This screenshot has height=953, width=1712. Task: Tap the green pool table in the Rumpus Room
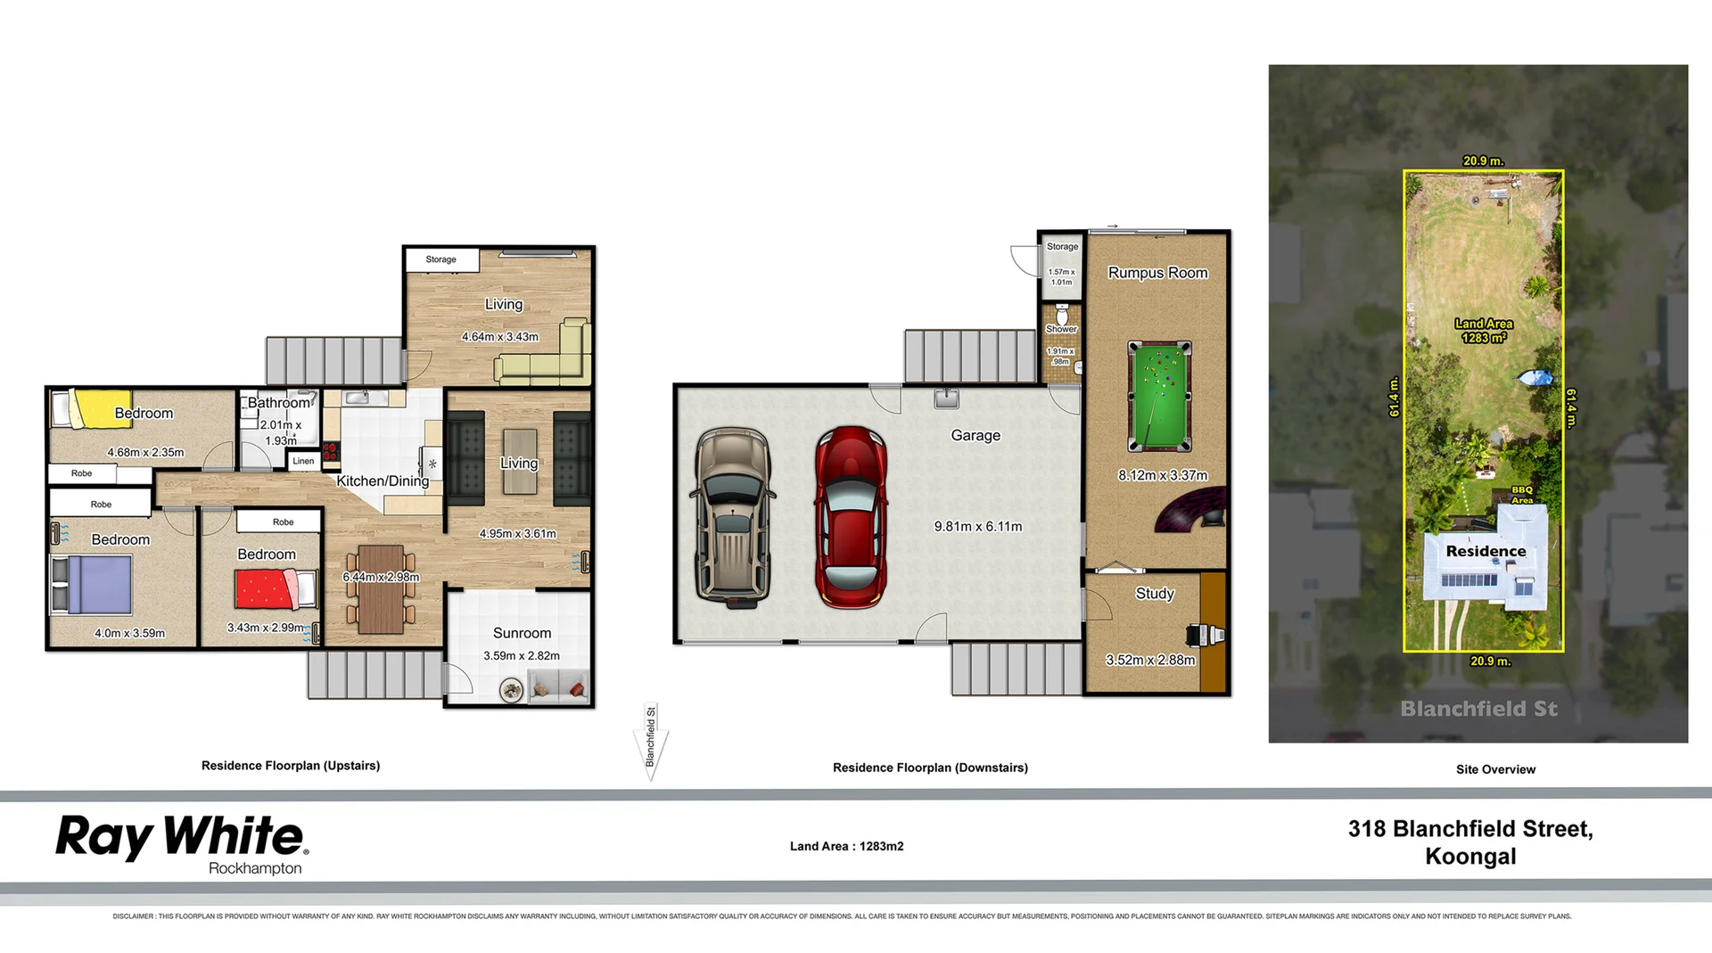click(1159, 396)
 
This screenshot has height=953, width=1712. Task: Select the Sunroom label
click(522, 633)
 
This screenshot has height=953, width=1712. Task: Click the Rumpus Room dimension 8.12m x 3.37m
click(1162, 475)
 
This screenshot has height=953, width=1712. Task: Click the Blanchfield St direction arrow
click(651, 743)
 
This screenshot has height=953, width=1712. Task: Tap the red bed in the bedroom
click(272, 589)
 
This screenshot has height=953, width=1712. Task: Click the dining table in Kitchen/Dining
click(381, 588)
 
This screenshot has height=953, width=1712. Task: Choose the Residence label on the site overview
click(1486, 551)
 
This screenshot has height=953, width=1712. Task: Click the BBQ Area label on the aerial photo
click(1522, 495)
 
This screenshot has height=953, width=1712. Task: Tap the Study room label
click(1154, 594)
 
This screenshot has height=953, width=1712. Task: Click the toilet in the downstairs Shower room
click(1061, 316)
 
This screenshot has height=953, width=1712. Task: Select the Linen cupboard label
click(303, 461)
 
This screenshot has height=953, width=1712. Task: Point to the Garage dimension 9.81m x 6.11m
click(977, 526)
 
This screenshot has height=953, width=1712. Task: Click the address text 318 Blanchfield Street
click(1469, 829)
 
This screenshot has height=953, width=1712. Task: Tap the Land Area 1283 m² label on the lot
click(1484, 331)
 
